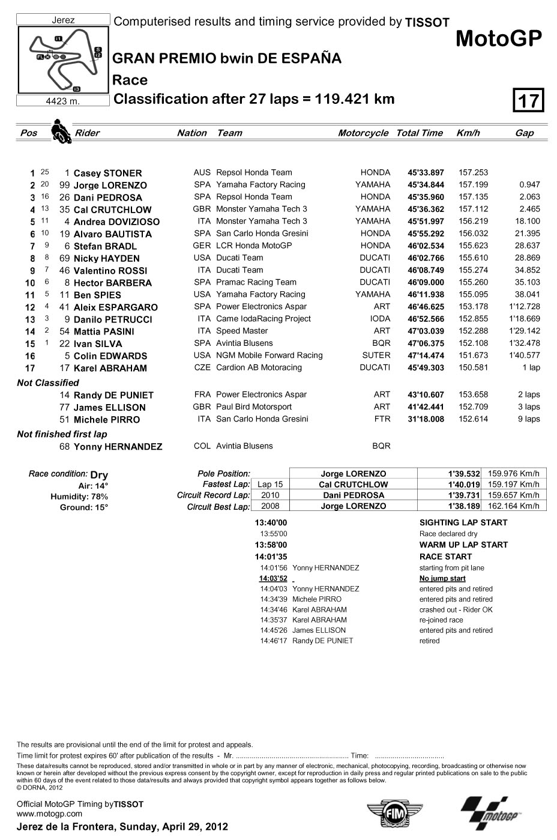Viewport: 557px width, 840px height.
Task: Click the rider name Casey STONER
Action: click(107, 173)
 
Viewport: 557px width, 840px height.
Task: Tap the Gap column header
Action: click(524, 133)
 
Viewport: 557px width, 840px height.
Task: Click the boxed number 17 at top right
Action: click(529, 100)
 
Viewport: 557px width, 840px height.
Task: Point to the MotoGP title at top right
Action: click(499, 38)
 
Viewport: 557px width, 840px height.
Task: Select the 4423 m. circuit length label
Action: click(63, 101)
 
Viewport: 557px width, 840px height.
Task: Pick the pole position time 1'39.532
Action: click(464, 474)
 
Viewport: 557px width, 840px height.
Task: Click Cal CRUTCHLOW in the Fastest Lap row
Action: click(353, 485)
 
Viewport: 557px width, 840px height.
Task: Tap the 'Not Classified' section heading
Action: click(48, 382)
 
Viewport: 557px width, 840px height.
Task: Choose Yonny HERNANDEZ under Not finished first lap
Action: click(118, 447)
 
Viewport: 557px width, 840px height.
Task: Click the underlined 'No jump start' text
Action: click(442, 578)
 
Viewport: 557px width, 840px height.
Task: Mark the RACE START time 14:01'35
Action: click(271, 557)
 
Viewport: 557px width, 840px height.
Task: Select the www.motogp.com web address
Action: click(49, 814)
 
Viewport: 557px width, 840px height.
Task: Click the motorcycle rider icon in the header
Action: click(60, 131)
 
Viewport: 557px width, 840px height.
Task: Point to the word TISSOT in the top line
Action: click(427, 23)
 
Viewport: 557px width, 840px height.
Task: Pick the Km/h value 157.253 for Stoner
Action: click(473, 172)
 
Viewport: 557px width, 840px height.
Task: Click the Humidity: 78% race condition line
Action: click(79, 497)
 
